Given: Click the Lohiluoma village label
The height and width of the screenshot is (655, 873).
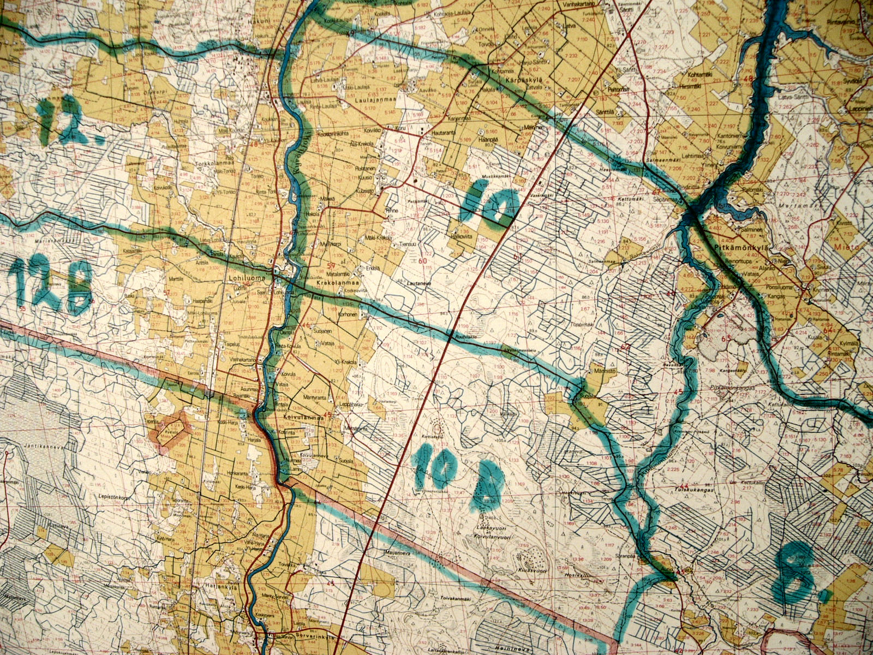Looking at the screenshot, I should (x=251, y=278).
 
